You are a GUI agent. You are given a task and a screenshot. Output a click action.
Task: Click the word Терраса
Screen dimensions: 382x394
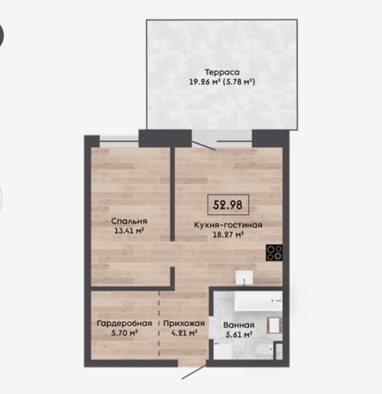222,72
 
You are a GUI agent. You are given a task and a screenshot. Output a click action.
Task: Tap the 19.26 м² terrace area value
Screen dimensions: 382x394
205,82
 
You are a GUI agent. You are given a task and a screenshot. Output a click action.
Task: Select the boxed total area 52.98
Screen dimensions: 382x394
228,205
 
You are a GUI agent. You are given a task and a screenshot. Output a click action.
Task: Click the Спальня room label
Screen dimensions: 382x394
129,221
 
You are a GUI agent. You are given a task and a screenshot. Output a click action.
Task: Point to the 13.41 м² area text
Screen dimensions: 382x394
129,231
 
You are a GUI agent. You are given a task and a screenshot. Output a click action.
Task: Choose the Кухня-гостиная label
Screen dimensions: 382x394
228,225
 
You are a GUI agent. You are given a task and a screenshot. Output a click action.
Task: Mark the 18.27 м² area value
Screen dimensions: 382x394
228,234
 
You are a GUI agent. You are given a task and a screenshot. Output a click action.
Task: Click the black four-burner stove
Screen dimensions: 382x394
275,252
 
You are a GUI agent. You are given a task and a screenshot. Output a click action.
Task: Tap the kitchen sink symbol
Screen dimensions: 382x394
244,277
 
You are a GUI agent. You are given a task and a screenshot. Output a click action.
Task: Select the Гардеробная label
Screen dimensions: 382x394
125,323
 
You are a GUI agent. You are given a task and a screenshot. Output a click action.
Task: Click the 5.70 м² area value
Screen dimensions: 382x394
125,333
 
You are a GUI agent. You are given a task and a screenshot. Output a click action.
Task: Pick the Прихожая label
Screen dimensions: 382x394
184,323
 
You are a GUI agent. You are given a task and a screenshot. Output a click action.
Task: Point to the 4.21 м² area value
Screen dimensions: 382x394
184,333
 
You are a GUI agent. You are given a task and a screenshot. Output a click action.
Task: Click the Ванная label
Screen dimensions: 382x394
239,325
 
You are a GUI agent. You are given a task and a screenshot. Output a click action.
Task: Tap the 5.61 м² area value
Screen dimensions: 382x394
239,334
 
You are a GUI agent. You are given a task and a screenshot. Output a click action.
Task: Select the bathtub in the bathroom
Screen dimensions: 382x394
259,300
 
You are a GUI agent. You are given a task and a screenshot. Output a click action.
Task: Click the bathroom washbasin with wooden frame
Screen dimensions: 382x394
275,325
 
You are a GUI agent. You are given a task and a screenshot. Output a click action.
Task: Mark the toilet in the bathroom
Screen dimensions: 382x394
266,349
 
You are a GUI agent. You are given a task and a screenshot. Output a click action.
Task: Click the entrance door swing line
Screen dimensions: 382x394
194,372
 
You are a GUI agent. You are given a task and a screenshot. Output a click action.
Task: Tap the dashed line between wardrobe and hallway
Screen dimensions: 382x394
159,324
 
